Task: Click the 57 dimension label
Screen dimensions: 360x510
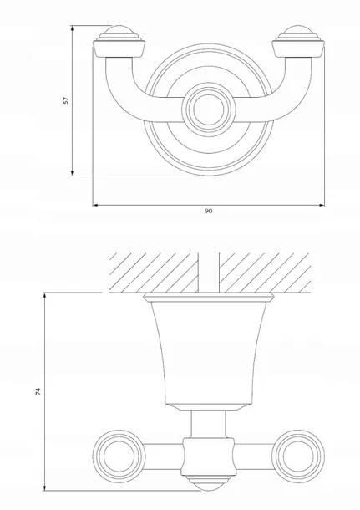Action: pos(66,100)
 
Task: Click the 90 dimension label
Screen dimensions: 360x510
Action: pos(209,211)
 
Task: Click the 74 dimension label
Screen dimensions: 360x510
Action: pos(38,391)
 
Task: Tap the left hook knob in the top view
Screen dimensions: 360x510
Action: pos(119,41)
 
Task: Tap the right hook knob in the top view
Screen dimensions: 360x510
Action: pos(298,41)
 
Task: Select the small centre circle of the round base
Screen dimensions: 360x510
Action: pos(209,110)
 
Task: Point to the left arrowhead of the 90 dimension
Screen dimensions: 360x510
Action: pos(95,205)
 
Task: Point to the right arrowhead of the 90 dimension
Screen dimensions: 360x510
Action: pos(322,205)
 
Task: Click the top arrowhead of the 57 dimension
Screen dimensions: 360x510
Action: pos(72,28)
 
